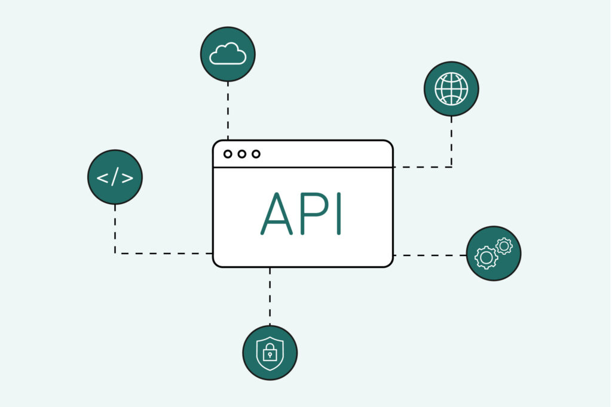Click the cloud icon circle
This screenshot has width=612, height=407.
[x=228, y=54]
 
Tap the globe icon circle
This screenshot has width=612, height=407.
[x=451, y=88]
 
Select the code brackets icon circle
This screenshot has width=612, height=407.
[x=115, y=177]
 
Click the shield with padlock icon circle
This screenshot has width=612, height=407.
[x=270, y=353]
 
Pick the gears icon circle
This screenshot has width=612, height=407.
[x=494, y=253]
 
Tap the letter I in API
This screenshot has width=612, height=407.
[x=339, y=214]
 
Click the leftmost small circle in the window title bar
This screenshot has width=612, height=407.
[x=228, y=154]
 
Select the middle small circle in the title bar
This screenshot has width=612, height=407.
[x=242, y=154]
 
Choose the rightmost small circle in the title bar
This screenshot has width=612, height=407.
[x=256, y=154]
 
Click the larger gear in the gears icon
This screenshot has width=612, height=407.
[x=486, y=258]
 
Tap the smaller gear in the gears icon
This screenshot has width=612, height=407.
[x=504, y=245]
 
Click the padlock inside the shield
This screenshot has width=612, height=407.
[x=270, y=354]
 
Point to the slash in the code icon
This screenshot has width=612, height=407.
[x=115, y=177]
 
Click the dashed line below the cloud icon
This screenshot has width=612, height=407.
[x=228, y=110]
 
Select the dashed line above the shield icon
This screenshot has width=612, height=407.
[x=270, y=297]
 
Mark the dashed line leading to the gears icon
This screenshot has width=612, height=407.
[x=430, y=255]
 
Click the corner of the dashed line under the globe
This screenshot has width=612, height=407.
[x=451, y=167]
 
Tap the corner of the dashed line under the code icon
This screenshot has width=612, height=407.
[x=115, y=253]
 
